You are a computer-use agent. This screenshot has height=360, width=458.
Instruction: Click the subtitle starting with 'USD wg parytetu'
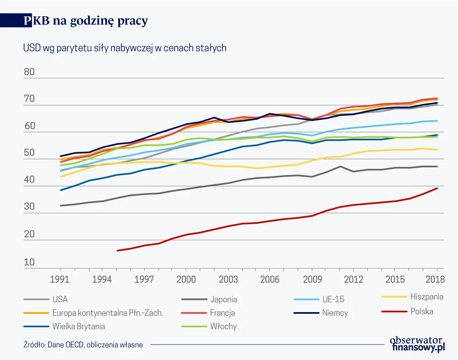tap(125, 48)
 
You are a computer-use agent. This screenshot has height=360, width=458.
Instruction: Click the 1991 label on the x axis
tap(61, 279)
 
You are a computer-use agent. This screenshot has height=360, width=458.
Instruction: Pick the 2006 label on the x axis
tap(269, 279)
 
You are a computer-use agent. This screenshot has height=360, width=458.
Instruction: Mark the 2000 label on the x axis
tap(186, 279)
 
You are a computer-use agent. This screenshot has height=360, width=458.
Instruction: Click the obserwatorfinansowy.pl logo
tap(417, 344)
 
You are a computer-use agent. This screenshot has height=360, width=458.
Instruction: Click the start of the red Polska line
tap(118, 250)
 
